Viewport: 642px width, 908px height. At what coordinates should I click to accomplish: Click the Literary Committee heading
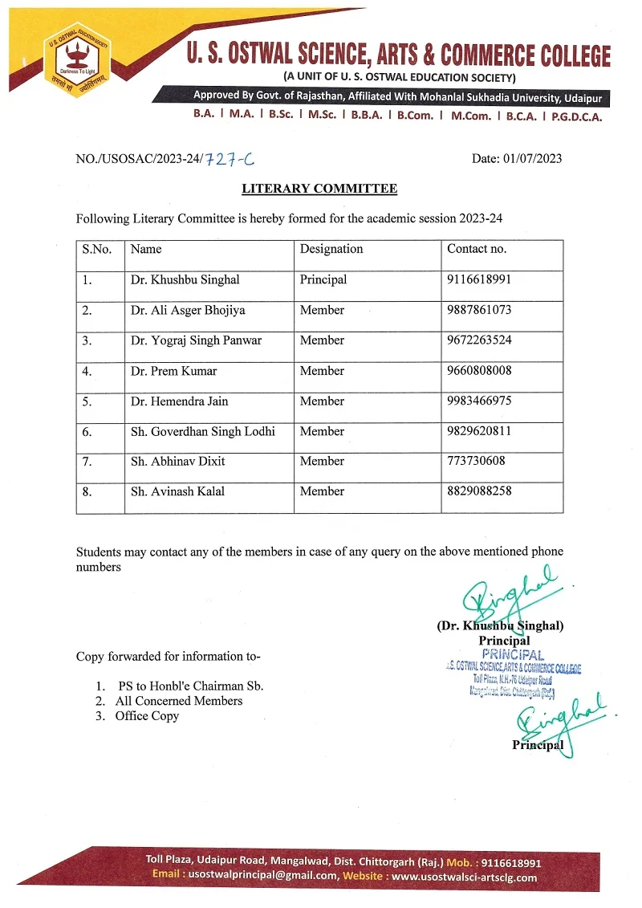pyautogui.click(x=319, y=189)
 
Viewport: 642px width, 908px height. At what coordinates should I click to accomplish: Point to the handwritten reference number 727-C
pyautogui.click(x=230, y=159)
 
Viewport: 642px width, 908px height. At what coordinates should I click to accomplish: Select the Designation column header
pyautogui.click(x=331, y=249)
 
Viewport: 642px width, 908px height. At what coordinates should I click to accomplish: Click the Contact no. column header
pyautogui.click(x=477, y=249)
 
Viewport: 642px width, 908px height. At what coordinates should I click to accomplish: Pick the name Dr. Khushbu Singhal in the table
pyautogui.click(x=185, y=280)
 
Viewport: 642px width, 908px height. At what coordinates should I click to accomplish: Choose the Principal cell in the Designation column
pyautogui.click(x=323, y=280)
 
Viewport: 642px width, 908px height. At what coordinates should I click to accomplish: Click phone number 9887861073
pyautogui.click(x=479, y=310)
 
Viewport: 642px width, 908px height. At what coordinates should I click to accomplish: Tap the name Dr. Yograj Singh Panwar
pyautogui.click(x=197, y=340)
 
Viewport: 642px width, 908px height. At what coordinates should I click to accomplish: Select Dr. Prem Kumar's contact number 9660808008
pyautogui.click(x=479, y=371)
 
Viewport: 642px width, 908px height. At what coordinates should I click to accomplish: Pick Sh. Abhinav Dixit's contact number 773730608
pyautogui.click(x=476, y=461)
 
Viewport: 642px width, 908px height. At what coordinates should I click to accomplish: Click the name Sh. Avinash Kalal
pyautogui.click(x=177, y=491)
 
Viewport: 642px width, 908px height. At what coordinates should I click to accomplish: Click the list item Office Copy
pyautogui.click(x=147, y=715)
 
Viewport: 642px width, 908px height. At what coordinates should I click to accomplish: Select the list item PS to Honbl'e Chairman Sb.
pyautogui.click(x=191, y=686)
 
